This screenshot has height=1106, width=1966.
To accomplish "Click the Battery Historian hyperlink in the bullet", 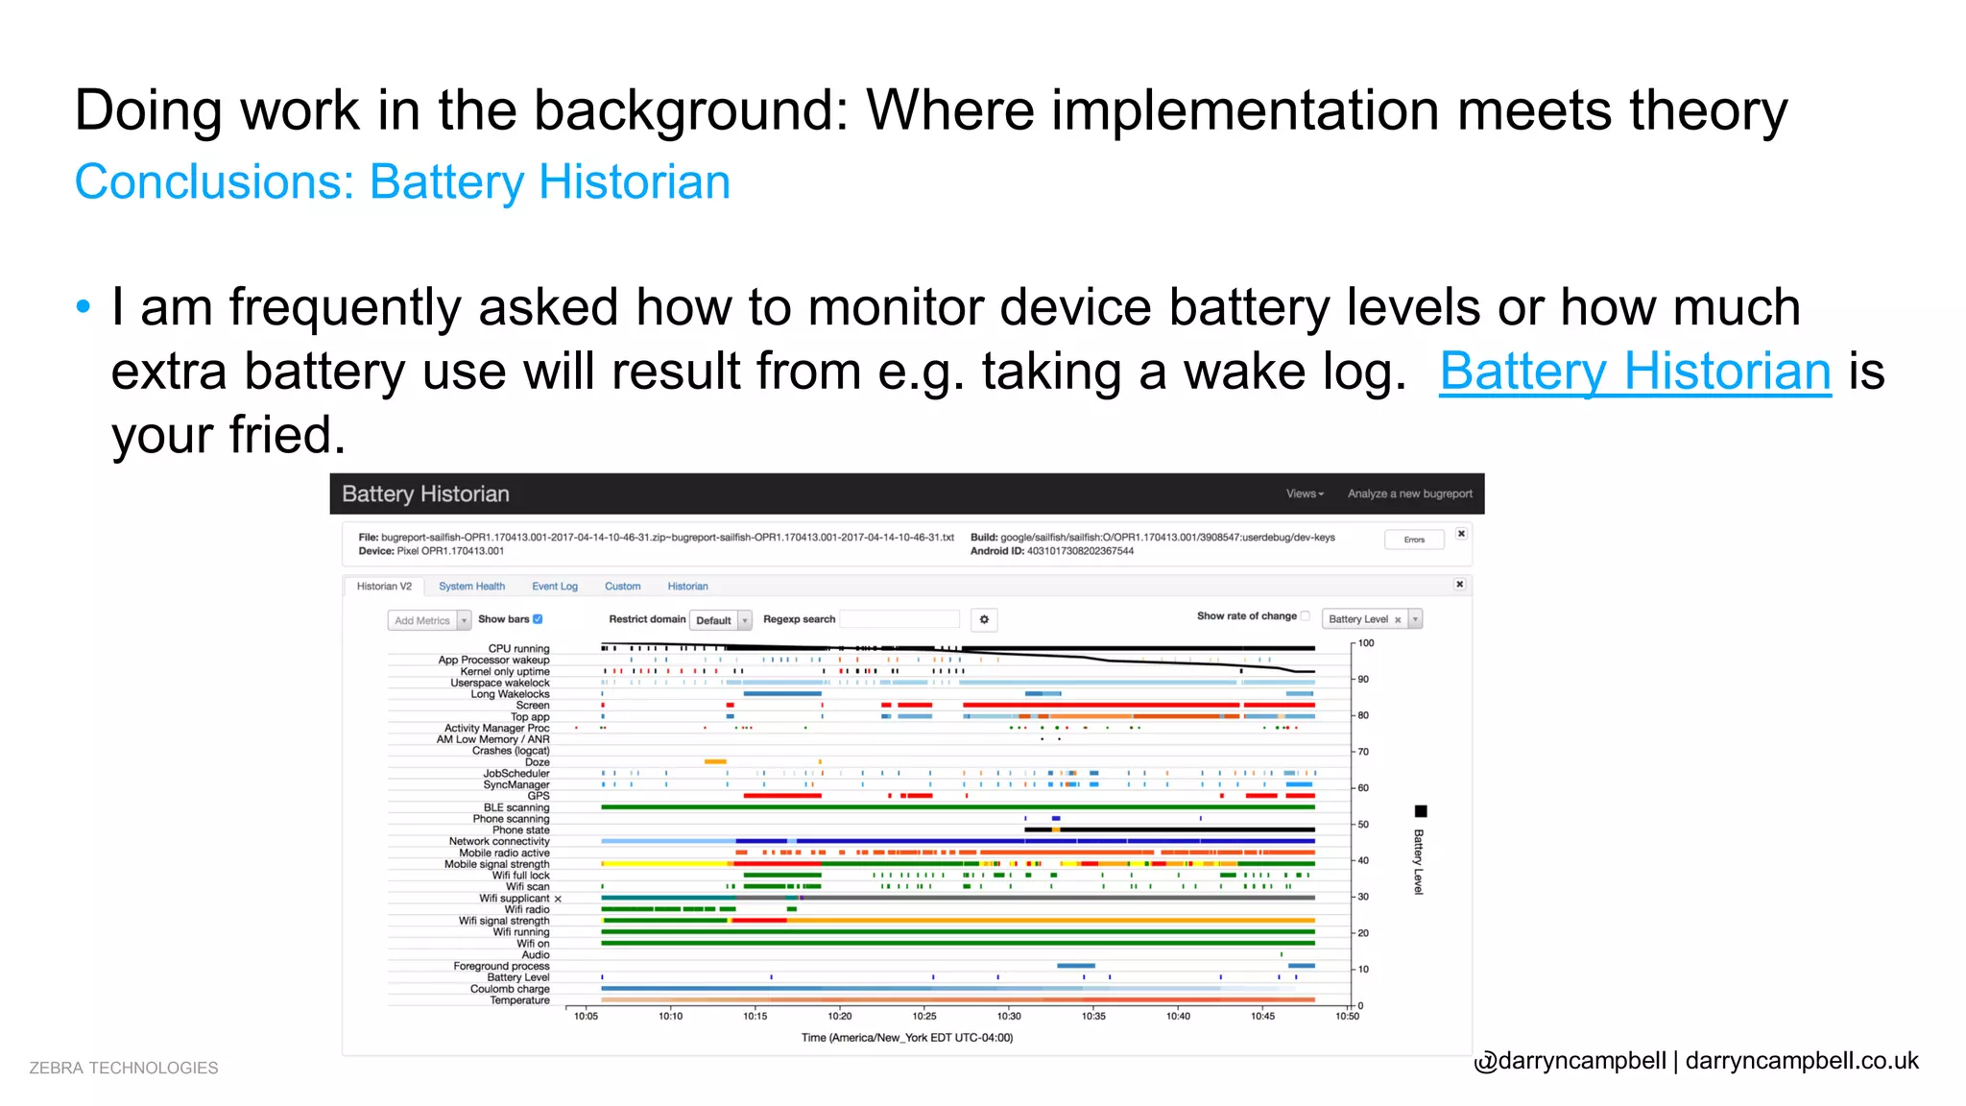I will click(1635, 372).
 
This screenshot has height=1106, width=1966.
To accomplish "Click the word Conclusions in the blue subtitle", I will click(214, 182).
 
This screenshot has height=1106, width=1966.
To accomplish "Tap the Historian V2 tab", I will click(384, 587).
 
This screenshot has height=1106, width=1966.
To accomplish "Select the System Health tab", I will click(471, 587).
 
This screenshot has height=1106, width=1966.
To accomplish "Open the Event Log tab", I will click(555, 587).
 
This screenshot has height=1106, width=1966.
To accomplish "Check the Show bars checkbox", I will click(539, 619).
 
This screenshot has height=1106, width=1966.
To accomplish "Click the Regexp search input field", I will click(899, 619).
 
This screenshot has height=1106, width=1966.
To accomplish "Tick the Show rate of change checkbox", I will click(1306, 616).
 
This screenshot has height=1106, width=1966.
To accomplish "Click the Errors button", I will click(1414, 540).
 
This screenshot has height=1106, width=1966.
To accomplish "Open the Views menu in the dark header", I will click(1305, 493).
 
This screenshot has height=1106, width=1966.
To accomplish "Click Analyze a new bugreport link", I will click(1409, 493).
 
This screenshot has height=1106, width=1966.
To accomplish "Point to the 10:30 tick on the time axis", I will click(1009, 1016).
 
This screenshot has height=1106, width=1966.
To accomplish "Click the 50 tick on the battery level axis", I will click(1362, 825).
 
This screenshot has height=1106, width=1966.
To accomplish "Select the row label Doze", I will click(537, 762).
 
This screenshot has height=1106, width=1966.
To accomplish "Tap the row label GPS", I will click(538, 796).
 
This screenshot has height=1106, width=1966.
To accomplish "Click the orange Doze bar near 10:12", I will click(715, 761).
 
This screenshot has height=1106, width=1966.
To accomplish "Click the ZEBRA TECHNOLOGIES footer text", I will click(124, 1069).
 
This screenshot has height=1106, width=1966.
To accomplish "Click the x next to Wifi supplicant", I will click(558, 900).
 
